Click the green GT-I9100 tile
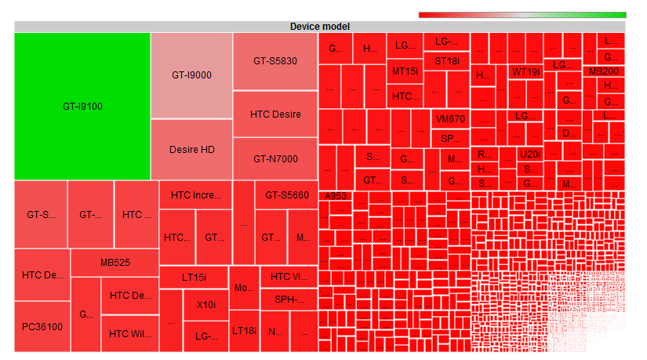tap(82, 106)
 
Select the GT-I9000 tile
tap(191, 75)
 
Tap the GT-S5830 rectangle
tap(274, 60)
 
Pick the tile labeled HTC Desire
tap(274, 114)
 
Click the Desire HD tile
tap(191, 149)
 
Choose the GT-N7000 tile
tap(274, 159)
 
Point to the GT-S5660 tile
tap(286, 195)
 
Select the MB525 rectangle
tap(115, 263)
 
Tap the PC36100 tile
tap(42, 326)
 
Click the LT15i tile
tap(194, 277)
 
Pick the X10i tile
tap(205, 304)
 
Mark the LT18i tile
tap(244, 330)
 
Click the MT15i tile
tap(405, 71)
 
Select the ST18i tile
tap(447, 60)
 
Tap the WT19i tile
tap(525, 71)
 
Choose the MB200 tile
tap(603, 71)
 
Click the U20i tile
tap(530, 154)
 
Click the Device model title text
tap(319, 27)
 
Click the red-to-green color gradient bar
tap(522, 14)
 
